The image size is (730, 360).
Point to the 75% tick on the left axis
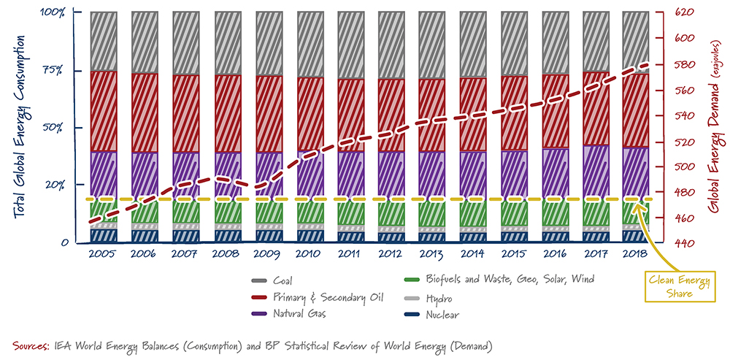53,70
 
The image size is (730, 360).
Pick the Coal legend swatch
257,281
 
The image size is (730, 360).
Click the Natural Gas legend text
299,314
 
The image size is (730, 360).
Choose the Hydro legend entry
437,299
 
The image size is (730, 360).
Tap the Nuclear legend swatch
412,315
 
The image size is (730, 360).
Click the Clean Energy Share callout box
673,287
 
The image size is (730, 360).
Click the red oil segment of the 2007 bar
185,113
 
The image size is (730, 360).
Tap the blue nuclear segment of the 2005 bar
103,235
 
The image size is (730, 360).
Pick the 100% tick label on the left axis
52,12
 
